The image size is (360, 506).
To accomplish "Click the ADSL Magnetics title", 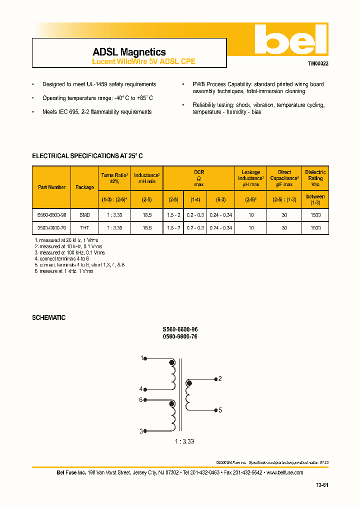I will (129, 52).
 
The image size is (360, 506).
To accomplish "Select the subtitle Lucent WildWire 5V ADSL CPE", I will (143, 61).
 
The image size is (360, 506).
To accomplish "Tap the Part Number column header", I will (51, 187).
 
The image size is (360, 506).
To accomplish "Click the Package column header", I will (84, 187).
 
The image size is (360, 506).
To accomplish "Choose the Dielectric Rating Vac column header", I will (315, 178).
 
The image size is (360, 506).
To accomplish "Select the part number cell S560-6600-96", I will (51, 214).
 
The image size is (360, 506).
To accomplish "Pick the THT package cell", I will (84, 227).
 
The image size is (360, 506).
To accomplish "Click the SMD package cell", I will (84, 214).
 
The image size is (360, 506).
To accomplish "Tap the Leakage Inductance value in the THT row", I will (251, 227).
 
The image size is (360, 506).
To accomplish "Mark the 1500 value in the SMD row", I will (315, 214).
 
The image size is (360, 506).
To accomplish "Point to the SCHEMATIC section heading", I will (48, 317).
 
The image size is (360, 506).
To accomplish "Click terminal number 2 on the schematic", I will (220, 378).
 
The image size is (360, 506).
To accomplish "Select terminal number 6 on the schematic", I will (141, 399).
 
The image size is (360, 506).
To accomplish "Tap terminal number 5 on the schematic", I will (220, 410).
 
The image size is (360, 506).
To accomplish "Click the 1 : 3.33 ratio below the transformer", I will (184, 441).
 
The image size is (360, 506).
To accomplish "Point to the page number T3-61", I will (321, 485).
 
